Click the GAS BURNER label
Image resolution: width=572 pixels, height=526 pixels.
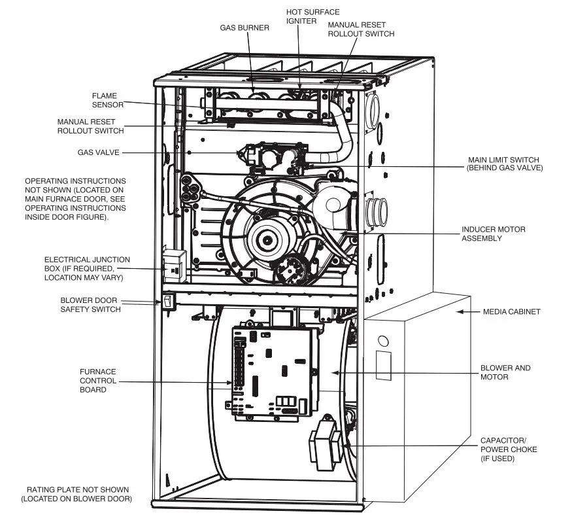click(245, 27)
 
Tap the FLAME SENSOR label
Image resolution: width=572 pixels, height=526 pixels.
click(105, 101)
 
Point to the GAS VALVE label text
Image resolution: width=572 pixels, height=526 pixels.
click(99, 152)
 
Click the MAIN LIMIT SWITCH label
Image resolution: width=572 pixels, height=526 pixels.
click(505, 164)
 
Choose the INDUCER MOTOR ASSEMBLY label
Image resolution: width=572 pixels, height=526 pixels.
click(493, 234)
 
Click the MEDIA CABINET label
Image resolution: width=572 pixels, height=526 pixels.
click(511, 311)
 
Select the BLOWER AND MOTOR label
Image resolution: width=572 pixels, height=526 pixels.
click(505, 372)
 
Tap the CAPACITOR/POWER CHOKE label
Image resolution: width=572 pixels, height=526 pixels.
click(508, 449)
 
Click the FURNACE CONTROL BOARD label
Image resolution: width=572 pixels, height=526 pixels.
click(98, 380)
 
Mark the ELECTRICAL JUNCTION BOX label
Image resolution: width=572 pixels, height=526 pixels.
click(87, 268)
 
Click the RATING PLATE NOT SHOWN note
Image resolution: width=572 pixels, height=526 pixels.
click(77, 494)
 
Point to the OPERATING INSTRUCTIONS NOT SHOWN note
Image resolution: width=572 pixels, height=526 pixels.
click(75, 198)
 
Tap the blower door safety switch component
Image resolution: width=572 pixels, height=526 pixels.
click(167, 302)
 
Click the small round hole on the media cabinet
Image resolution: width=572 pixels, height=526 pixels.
click(384, 341)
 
